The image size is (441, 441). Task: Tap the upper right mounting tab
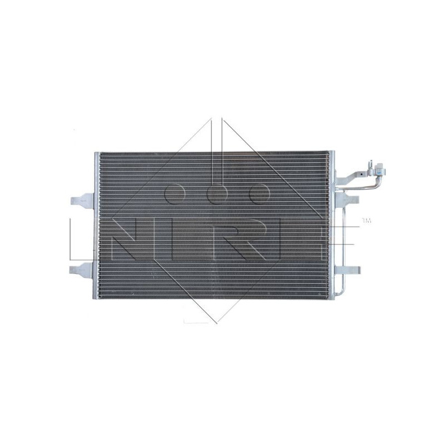pos(349,199)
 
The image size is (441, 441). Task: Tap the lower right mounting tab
pos(349,270)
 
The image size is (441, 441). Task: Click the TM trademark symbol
pos(367,221)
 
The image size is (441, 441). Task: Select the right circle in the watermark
pos(259,192)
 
